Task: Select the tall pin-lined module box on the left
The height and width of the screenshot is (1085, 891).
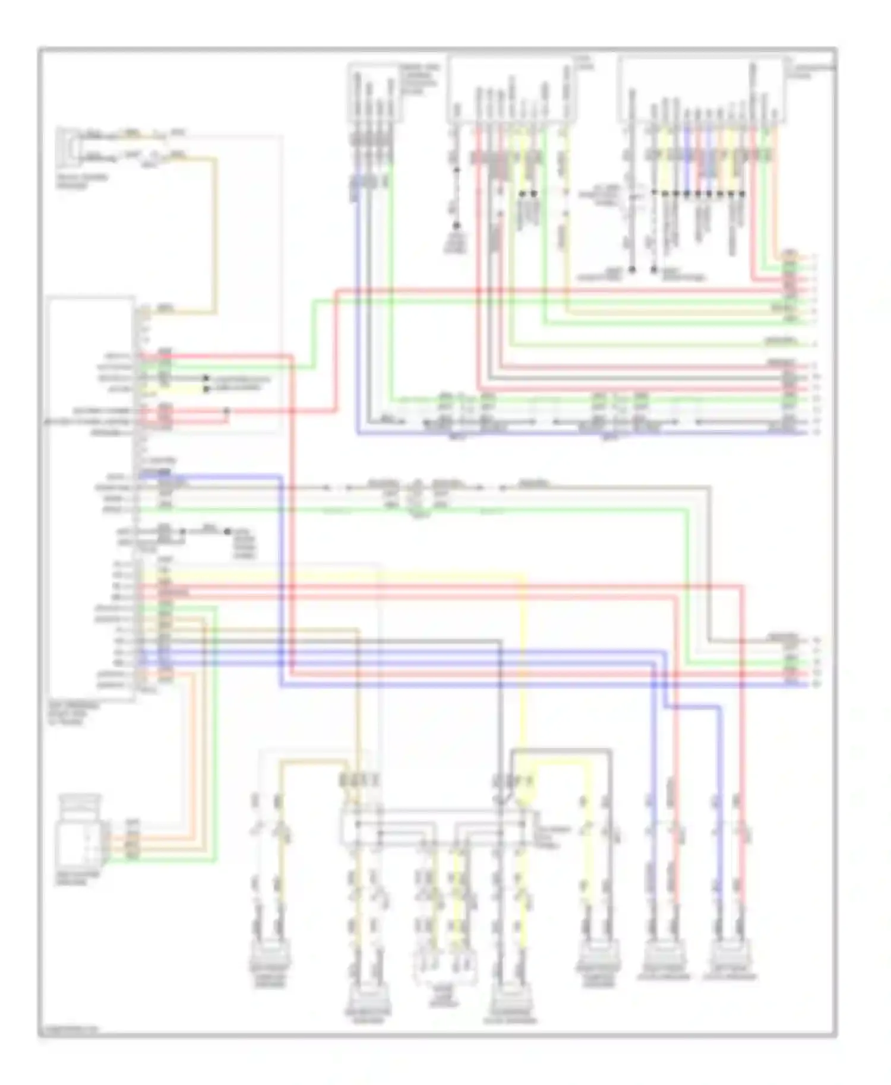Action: pyautogui.click(x=91, y=499)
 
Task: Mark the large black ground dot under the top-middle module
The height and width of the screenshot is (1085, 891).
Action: pyautogui.click(x=456, y=226)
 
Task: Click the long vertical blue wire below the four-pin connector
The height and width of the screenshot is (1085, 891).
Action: pyautogui.click(x=358, y=309)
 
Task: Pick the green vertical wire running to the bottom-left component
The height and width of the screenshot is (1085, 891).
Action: pyautogui.click(x=216, y=730)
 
